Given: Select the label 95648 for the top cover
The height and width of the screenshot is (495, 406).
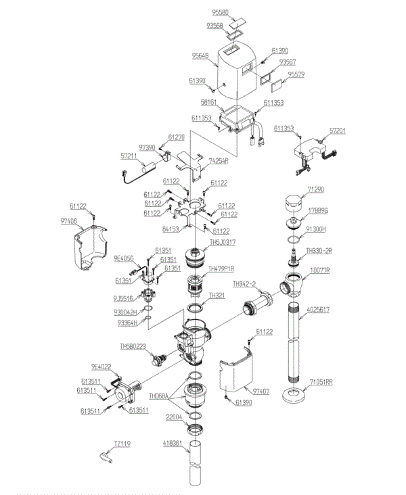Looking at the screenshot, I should [200, 56].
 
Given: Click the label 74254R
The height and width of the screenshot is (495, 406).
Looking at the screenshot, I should [219, 162].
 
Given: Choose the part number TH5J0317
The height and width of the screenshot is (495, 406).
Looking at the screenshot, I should [223, 242].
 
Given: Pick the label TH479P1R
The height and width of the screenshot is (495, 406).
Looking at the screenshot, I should [222, 268].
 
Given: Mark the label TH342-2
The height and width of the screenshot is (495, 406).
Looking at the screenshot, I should [245, 284].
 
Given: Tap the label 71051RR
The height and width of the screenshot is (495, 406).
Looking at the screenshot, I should [321, 382].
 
